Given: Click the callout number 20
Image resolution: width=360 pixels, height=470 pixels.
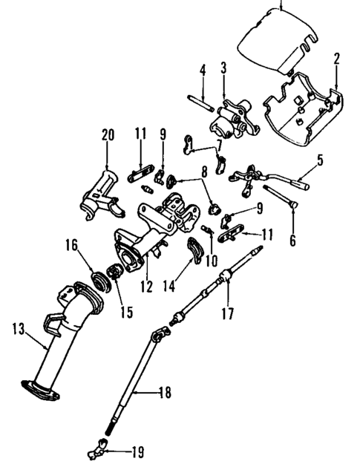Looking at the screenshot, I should pyautogui.click(x=108, y=135).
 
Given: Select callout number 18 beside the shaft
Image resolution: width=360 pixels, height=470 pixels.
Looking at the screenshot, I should pyautogui.click(x=165, y=392).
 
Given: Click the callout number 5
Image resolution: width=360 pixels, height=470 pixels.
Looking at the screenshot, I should pyautogui.click(x=320, y=159).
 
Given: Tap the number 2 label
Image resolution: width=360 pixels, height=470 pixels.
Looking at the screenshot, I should pyautogui.click(x=336, y=58).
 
